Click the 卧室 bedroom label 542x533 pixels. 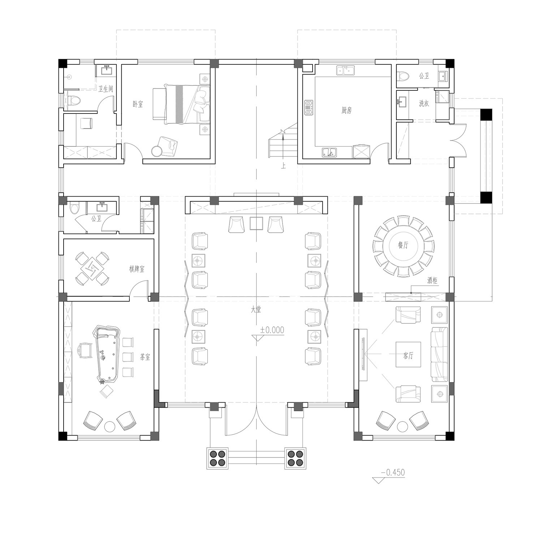coord(138,104)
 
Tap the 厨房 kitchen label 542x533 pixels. coord(346,110)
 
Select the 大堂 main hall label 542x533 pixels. coord(256,310)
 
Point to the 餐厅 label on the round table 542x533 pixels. coord(403,245)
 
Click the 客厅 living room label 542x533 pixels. coord(408,356)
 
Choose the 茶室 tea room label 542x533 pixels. coord(145,357)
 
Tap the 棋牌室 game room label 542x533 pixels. coord(137,269)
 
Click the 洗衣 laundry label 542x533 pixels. coord(424,103)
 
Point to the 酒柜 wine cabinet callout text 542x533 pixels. coord(432,281)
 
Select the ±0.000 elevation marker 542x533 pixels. coord(272,330)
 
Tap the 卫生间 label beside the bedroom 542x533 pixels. coord(106,89)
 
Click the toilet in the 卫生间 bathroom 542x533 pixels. coord(74,100)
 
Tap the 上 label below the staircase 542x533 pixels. coord(284,166)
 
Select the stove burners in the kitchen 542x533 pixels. coord(309,108)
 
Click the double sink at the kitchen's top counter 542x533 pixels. coord(345,70)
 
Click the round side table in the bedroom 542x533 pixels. coord(157,151)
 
